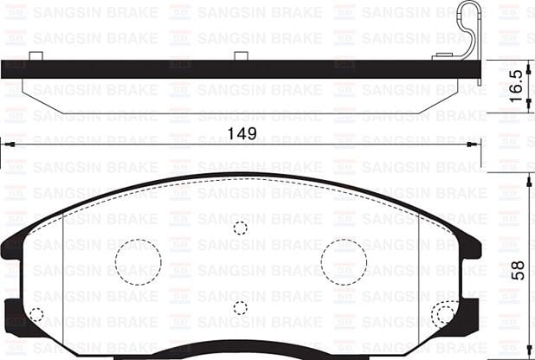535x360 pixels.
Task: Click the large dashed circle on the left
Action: coord(139,259)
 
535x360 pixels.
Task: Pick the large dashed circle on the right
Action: coord(344,259)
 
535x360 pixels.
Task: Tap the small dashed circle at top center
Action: coord(241,228)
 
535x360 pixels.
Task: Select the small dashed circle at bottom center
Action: coord(241,307)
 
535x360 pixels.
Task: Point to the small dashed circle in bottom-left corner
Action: coord(36,315)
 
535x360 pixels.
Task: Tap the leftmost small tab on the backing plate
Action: coord(35,56)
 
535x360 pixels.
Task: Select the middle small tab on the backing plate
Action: coord(242,56)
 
